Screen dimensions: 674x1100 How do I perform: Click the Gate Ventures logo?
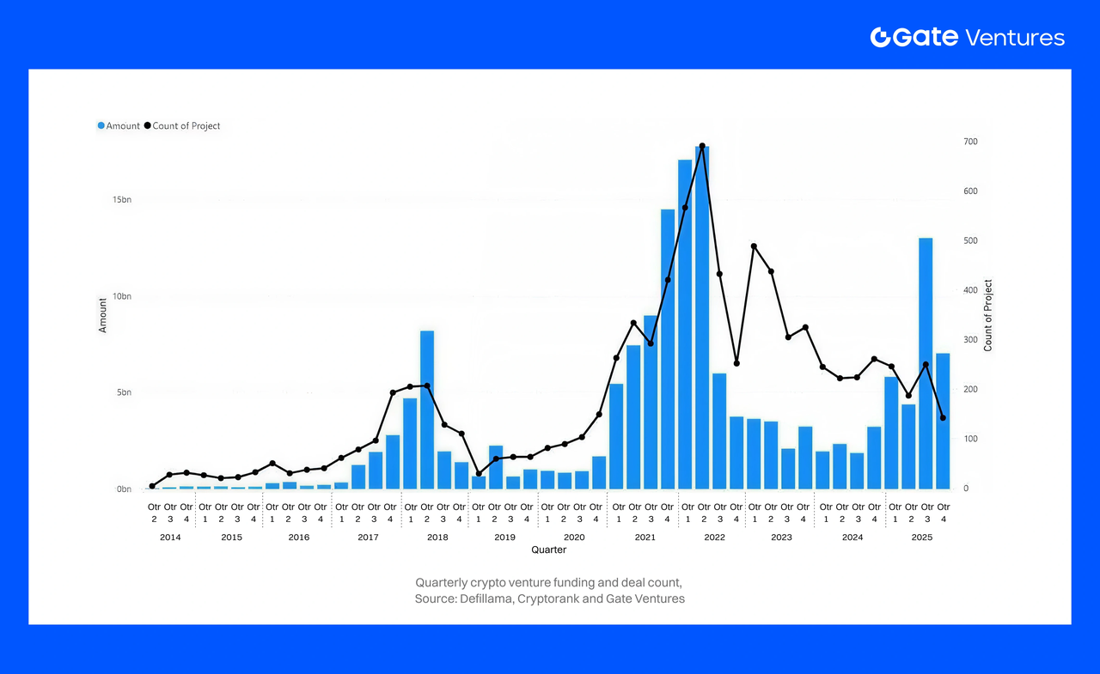click(x=967, y=37)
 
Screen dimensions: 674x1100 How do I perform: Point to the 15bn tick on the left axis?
click(x=121, y=200)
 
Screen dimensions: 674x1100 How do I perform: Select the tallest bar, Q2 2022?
click(x=702, y=318)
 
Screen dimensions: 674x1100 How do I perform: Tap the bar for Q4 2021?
click(x=668, y=349)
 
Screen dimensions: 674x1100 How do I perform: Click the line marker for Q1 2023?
click(x=754, y=246)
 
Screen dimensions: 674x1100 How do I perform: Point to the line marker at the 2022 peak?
click(x=702, y=146)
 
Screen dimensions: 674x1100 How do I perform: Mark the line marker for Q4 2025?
click(x=943, y=418)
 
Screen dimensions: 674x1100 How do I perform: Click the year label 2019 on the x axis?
click(x=504, y=537)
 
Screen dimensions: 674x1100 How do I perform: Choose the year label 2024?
click(x=852, y=537)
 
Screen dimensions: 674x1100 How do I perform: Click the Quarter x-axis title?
click(x=548, y=550)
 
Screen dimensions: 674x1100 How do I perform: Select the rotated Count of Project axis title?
click(x=988, y=315)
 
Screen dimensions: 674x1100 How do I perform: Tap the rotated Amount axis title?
click(x=103, y=315)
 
